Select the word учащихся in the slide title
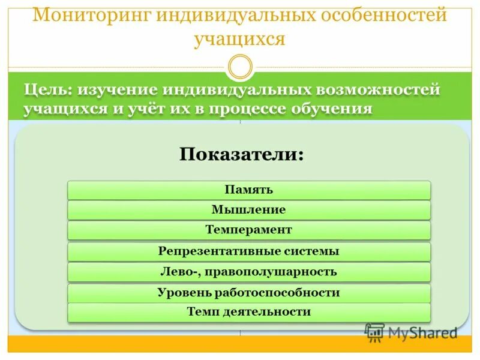pyautogui.click(x=239, y=39)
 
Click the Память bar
pyautogui.click(x=249, y=190)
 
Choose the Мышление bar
pyautogui.click(x=249, y=210)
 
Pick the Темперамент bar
pyautogui.click(x=249, y=230)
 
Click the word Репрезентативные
pyautogui.click(x=208, y=251)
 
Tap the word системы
pyautogui.click(x=300, y=251)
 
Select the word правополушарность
pyautogui.click(x=270, y=272)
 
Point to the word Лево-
pyautogui.click(x=180, y=272)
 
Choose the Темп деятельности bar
pyautogui.click(x=249, y=312)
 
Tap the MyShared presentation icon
pyautogui.click(x=374, y=333)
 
